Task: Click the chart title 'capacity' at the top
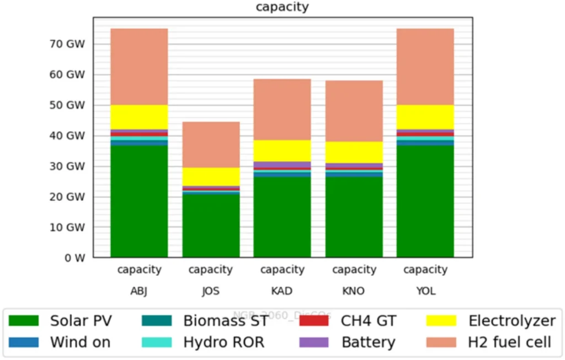[x=282, y=7]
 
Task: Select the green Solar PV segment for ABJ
[x=139, y=201]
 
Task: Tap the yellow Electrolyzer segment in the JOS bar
[x=211, y=176]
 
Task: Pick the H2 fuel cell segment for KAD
[x=282, y=109]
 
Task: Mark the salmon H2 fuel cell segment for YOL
[x=425, y=67]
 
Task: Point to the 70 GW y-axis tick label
[x=65, y=44]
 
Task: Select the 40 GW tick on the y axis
[x=65, y=136]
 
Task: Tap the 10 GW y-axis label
[x=65, y=227]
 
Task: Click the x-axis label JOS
[x=211, y=291]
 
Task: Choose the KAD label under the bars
[x=282, y=291]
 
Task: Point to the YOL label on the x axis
[x=425, y=291]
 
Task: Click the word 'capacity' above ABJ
[x=139, y=270]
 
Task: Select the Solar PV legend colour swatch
[x=24, y=321]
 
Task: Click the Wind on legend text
[x=80, y=342]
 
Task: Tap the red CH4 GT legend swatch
[x=314, y=321]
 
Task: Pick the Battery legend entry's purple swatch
[x=314, y=342]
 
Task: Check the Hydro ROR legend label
[x=223, y=342]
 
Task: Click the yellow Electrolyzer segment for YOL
[x=425, y=117]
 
